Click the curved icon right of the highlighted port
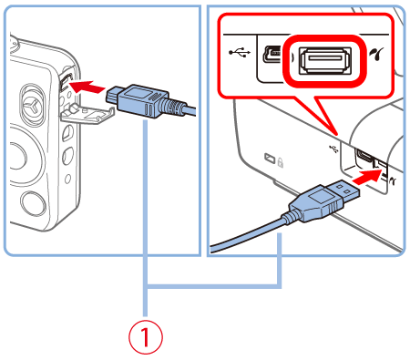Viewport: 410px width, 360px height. [377, 59]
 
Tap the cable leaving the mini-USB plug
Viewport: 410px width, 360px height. [183, 109]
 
